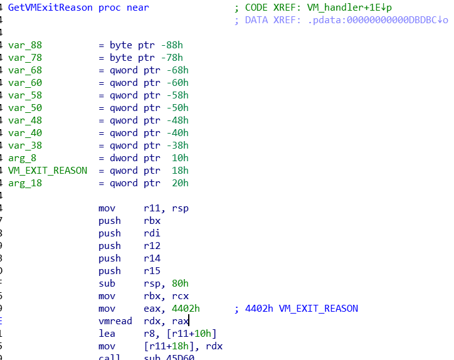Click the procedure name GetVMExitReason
pos(51,8)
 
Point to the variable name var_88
pos(25,45)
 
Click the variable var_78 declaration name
pos(25,58)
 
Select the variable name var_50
pos(25,108)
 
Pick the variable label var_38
pos(25,146)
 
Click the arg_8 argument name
pos(23,158)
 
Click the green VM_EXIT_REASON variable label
pos(48,171)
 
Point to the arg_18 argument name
pos(25,183)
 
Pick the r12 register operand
pos(152,246)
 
